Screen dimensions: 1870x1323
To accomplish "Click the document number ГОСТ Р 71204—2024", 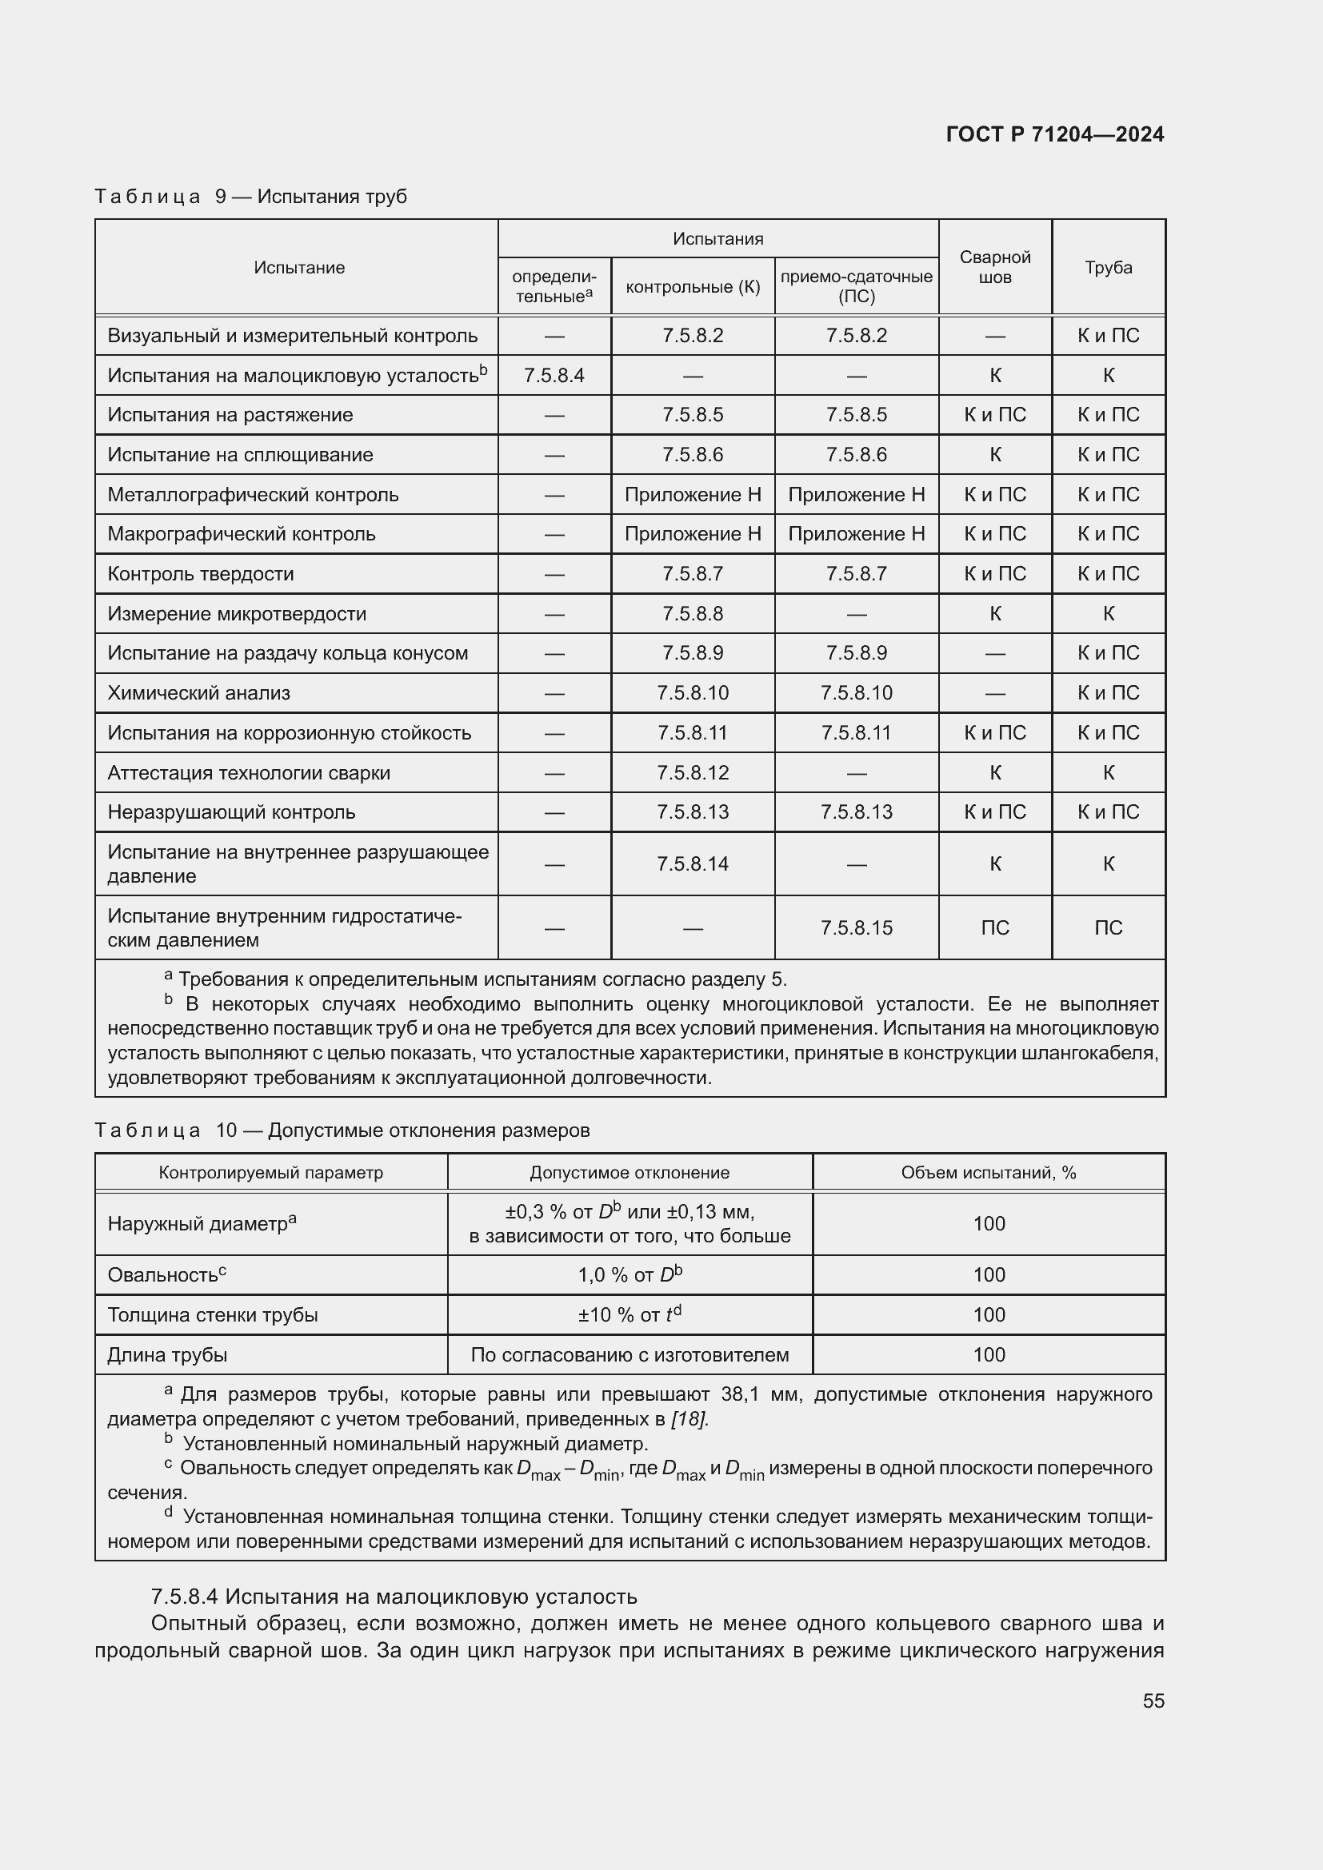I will (x=1054, y=134).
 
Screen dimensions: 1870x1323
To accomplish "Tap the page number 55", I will (x=1153, y=1701).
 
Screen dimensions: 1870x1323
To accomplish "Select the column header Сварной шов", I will (x=995, y=267).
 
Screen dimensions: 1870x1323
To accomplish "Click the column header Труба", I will (x=1108, y=267).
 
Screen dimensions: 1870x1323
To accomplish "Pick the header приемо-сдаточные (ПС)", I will (x=856, y=286).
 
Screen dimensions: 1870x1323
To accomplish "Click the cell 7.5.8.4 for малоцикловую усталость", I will (x=554, y=376).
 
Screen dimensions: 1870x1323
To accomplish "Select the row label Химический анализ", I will (x=199, y=693).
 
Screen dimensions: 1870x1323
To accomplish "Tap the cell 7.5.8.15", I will (x=856, y=927).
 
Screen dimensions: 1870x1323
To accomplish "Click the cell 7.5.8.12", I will (x=693, y=772).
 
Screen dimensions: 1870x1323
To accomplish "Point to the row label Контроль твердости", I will (x=201, y=574).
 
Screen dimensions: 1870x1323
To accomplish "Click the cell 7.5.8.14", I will (x=693, y=863).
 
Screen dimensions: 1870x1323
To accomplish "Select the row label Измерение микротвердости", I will (x=236, y=614).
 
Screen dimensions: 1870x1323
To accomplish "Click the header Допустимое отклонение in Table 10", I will (x=629, y=1172).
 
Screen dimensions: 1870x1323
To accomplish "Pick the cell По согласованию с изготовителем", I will (x=629, y=1354).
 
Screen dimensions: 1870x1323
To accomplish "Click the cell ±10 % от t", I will (x=629, y=1314).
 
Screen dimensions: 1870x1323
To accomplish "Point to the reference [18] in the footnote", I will (x=689, y=1419).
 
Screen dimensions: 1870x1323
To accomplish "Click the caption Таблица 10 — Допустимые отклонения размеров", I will (x=342, y=1130).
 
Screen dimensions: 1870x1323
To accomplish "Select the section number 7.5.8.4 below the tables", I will (x=185, y=1597).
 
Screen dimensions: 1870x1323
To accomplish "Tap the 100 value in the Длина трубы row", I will (x=988, y=1354).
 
